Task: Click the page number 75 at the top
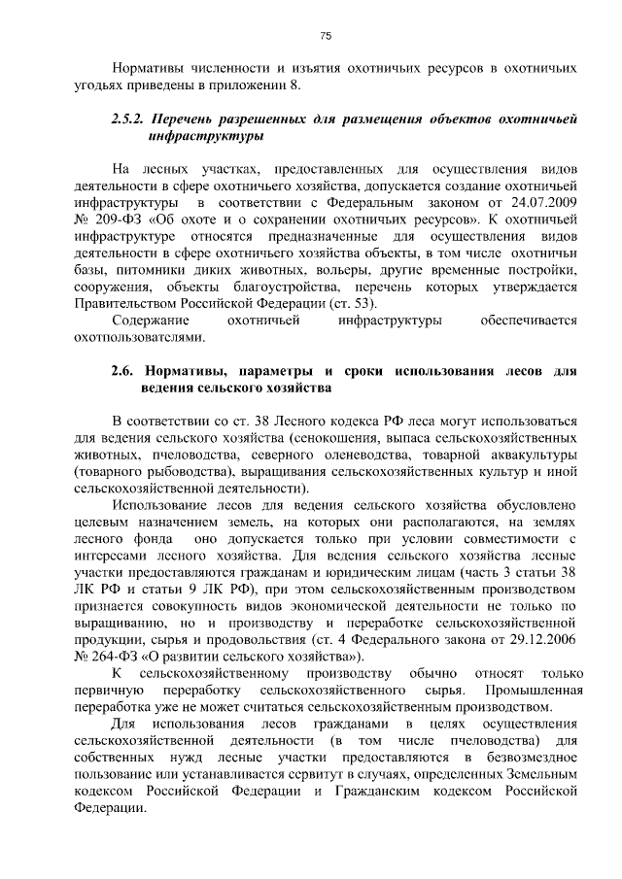pyautogui.click(x=327, y=36)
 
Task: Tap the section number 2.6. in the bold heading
pyautogui.click(x=121, y=371)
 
